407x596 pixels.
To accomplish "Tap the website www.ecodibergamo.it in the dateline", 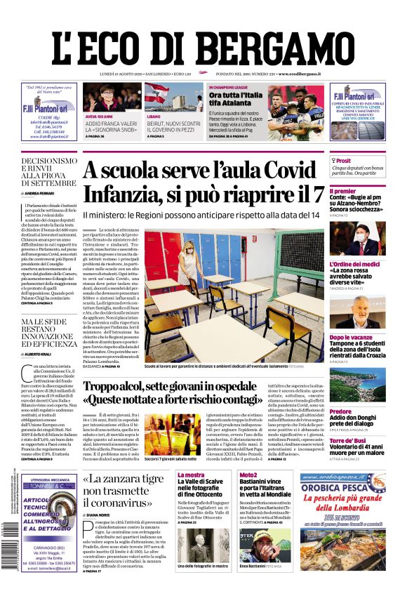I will pyautogui.click(x=299, y=74).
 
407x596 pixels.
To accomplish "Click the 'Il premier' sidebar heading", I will pyautogui.click(x=342, y=191).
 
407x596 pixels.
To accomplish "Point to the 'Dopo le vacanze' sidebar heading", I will pyautogui.click(x=351, y=337).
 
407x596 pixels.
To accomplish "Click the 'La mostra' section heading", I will pyautogui.click(x=190, y=475).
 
